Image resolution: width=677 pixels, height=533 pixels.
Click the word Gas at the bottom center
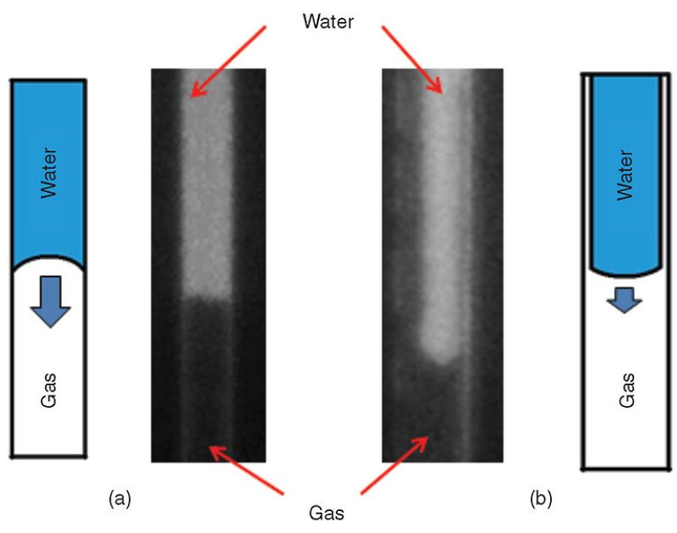coord(327,513)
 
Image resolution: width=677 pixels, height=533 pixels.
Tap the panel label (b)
coord(541,499)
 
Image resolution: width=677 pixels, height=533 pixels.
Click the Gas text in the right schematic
coord(626,389)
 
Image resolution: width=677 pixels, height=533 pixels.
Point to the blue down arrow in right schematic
coord(625,299)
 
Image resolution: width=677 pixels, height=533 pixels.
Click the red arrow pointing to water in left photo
coord(229,59)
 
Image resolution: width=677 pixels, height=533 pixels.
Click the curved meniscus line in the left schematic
coord(49,256)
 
